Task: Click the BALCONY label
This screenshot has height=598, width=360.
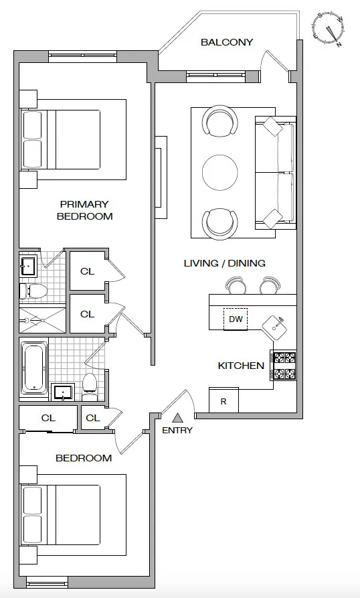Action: (x=227, y=42)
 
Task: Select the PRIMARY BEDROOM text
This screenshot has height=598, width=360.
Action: (x=84, y=210)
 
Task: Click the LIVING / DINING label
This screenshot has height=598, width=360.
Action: (x=224, y=263)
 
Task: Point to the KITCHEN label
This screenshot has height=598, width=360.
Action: (x=241, y=366)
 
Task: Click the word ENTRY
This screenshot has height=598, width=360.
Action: (x=177, y=430)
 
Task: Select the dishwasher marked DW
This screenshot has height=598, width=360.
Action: (x=236, y=319)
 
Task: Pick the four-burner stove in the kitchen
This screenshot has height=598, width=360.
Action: (x=283, y=365)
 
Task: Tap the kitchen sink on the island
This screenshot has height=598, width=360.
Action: (x=274, y=326)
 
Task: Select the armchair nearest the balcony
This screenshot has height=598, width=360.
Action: (x=220, y=121)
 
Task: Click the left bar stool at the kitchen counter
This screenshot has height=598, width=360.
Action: (x=236, y=285)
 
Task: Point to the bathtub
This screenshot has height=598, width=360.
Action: (x=34, y=368)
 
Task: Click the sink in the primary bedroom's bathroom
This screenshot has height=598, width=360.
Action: (x=28, y=267)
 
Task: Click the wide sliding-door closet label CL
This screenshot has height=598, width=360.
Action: (x=48, y=418)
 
